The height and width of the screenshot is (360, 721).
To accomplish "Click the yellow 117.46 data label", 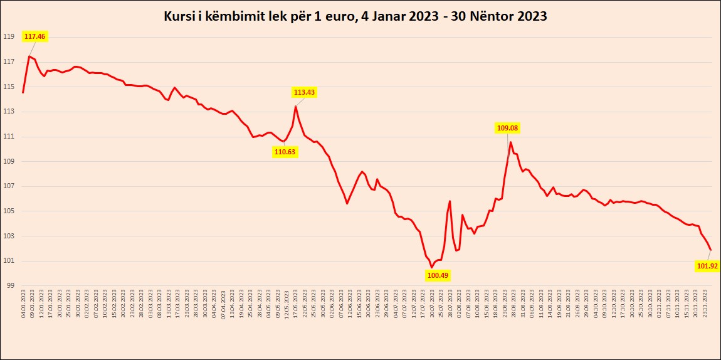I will (x=35, y=37).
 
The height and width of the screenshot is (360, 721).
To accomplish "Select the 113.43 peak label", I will (x=304, y=92).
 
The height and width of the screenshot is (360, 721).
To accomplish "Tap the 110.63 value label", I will (x=285, y=151).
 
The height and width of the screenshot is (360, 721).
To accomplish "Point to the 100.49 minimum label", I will (x=438, y=275).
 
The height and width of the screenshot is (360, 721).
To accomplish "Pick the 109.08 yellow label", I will (x=507, y=128).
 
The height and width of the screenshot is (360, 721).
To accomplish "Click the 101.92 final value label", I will (x=707, y=266).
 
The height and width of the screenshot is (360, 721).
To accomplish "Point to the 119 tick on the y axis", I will (x=9, y=37).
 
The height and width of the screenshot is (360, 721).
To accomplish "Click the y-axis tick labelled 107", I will (x=9, y=186).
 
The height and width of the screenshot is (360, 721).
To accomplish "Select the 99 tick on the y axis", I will (x=11, y=286).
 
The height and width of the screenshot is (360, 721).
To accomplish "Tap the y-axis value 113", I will (x=9, y=112).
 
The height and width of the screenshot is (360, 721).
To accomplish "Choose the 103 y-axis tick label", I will (x=9, y=236).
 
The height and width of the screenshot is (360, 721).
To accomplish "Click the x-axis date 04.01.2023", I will (x=23, y=304).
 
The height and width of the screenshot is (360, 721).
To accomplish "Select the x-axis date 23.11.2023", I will (x=707, y=304).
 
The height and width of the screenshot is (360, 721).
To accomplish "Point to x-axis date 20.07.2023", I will (x=433, y=304).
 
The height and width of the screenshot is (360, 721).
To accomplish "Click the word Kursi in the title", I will (x=179, y=17).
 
